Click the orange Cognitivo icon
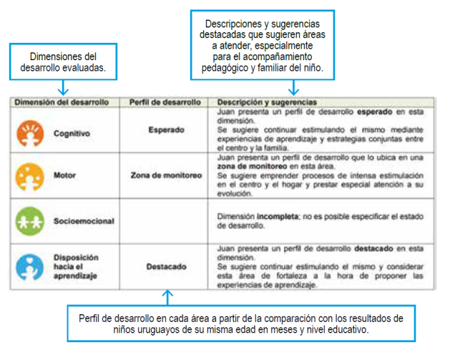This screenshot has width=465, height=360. click(x=29, y=132)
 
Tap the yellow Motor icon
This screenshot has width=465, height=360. click(x=29, y=175)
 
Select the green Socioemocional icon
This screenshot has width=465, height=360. click(x=29, y=220)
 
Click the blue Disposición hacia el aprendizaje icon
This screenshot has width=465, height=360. click(x=29, y=266)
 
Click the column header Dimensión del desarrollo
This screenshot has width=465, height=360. click(x=62, y=102)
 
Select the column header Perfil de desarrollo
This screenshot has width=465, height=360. click(x=165, y=102)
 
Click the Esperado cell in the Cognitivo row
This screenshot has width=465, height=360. click(x=166, y=130)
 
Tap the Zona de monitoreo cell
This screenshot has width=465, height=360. click(x=166, y=175)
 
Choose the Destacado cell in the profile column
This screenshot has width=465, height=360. click(x=166, y=266)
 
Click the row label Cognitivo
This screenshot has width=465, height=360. click(x=72, y=133)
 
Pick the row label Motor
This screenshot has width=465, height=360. click(x=64, y=175)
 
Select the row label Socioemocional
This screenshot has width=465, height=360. click(x=84, y=221)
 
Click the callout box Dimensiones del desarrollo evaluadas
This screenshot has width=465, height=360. click(x=64, y=62)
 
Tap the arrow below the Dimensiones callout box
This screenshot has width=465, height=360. click(x=64, y=89)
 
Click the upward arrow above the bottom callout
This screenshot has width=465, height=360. click(x=167, y=295)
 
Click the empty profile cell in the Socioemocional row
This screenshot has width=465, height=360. click(x=166, y=220)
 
